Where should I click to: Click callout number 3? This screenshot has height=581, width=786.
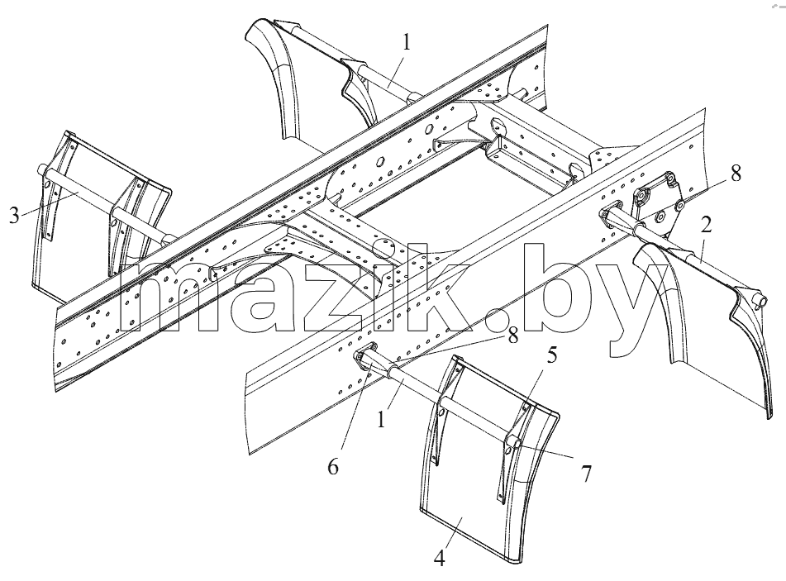pyautogui.click(x=14, y=216)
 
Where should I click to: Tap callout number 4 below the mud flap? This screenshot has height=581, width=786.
pyautogui.click(x=439, y=558)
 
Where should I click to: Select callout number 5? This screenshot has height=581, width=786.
pyautogui.click(x=551, y=355)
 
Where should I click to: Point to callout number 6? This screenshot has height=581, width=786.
pyautogui.click(x=333, y=467)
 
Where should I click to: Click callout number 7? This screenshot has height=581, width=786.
pyautogui.click(x=586, y=474)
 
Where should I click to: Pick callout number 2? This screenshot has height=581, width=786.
pyautogui.click(x=706, y=226)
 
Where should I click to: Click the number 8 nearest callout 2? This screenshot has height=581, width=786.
pyautogui.click(x=735, y=174)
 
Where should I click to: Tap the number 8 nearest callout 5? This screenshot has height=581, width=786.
pyautogui.click(x=512, y=336)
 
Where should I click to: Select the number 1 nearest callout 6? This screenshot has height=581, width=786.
pyautogui.click(x=382, y=419)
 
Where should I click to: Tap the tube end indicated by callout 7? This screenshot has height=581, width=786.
pyautogui.click(x=512, y=443)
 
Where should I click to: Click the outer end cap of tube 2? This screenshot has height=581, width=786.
pyautogui.click(x=759, y=302)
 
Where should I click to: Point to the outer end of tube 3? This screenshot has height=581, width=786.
pyautogui.click(x=42, y=171)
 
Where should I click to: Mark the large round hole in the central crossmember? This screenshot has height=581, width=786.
pyautogui.click(x=386, y=246)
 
